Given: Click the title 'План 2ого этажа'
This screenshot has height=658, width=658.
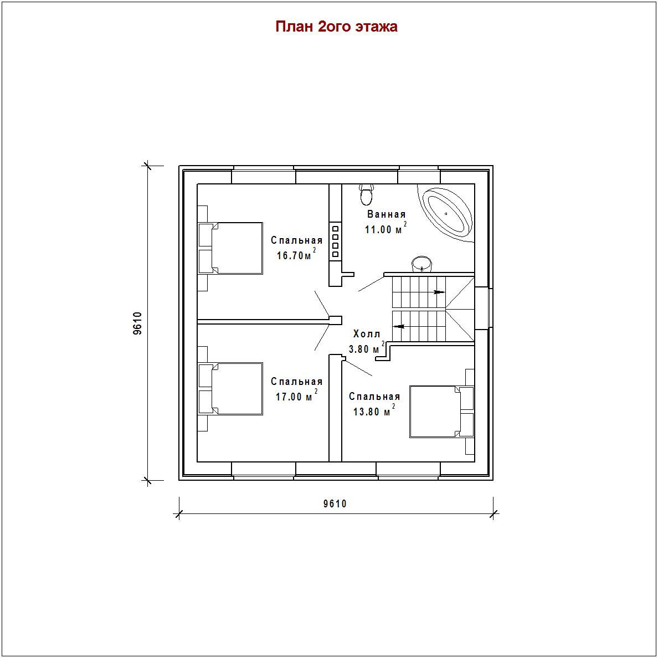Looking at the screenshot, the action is click(x=336, y=27).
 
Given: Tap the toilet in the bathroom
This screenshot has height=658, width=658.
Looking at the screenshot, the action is click(x=366, y=194).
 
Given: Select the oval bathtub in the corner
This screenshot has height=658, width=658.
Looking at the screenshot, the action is click(x=447, y=214).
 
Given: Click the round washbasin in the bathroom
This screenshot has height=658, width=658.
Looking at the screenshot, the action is click(x=421, y=264).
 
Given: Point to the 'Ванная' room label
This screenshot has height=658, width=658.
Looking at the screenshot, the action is click(x=387, y=214).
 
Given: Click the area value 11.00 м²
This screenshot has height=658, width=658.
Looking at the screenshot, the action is click(x=385, y=228).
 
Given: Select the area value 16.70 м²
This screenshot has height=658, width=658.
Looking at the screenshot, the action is click(x=296, y=254).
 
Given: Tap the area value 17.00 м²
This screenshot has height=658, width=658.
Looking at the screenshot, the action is click(x=296, y=395).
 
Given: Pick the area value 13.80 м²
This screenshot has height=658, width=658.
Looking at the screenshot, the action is click(x=374, y=410).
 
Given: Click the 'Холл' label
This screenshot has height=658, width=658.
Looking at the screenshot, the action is click(x=367, y=334).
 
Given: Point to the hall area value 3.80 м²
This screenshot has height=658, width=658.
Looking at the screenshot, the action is click(x=367, y=347).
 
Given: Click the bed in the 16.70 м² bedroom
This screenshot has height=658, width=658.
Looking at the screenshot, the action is click(x=230, y=249).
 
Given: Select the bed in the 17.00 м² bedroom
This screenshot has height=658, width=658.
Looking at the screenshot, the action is click(x=230, y=389).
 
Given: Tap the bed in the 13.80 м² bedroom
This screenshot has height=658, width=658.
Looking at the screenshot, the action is click(x=442, y=412).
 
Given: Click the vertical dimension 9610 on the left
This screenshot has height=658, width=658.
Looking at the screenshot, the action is click(x=138, y=323).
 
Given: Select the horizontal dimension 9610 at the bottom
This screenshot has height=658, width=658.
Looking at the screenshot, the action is click(x=335, y=503).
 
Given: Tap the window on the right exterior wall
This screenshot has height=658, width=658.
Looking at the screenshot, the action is click(x=491, y=308).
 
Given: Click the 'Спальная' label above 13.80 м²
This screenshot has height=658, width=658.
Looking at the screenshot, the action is click(x=374, y=397).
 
